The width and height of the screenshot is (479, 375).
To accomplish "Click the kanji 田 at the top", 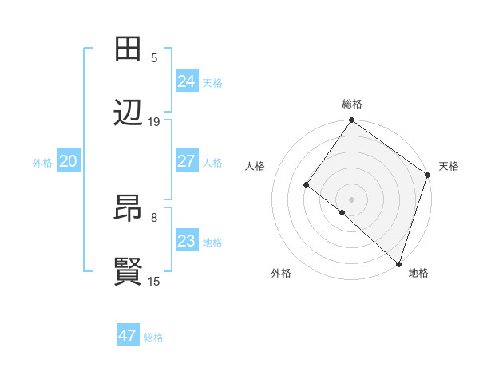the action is (x=129, y=49).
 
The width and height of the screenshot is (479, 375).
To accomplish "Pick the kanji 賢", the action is (x=129, y=273).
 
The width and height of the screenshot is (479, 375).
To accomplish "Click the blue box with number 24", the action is (x=186, y=81).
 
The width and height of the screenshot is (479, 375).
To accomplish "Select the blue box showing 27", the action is (x=186, y=161).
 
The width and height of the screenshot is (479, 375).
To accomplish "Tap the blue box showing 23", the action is (x=186, y=241).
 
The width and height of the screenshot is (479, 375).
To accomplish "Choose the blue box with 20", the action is (x=68, y=161).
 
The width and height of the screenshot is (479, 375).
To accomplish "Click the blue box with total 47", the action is (x=127, y=336).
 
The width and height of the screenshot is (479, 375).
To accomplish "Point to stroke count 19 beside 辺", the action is (x=154, y=122).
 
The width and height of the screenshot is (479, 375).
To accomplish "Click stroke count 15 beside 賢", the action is (x=154, y=282).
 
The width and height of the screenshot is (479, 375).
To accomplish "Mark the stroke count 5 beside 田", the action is (x=154, y=57).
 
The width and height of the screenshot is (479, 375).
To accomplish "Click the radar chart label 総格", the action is (x=352, y=104).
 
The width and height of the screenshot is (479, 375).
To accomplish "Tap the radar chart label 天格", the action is (x=449, y=166).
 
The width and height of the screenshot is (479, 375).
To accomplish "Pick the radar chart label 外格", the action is (x=281, y=273).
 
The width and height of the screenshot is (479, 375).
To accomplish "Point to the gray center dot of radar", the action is (x=352, y=199).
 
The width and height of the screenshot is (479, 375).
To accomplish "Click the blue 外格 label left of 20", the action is (x=42, y=163).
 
